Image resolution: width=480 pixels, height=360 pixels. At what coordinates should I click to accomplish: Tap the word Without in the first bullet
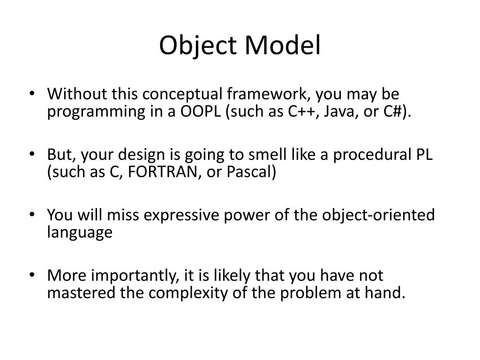(x=77, y=94)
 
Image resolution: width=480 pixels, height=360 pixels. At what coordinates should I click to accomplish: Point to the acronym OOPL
(x=200, y=111)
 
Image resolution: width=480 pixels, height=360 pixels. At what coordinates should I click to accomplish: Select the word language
(x=80, y=232)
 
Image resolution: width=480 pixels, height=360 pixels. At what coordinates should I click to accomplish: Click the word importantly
(x=135, y=276)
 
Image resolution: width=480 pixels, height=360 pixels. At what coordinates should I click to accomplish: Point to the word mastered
(x=81, y=292)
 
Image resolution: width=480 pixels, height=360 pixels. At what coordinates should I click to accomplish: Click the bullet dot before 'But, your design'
(x=32, y=154)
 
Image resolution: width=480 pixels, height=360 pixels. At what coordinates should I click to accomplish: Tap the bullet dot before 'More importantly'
(x=32, y=275)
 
